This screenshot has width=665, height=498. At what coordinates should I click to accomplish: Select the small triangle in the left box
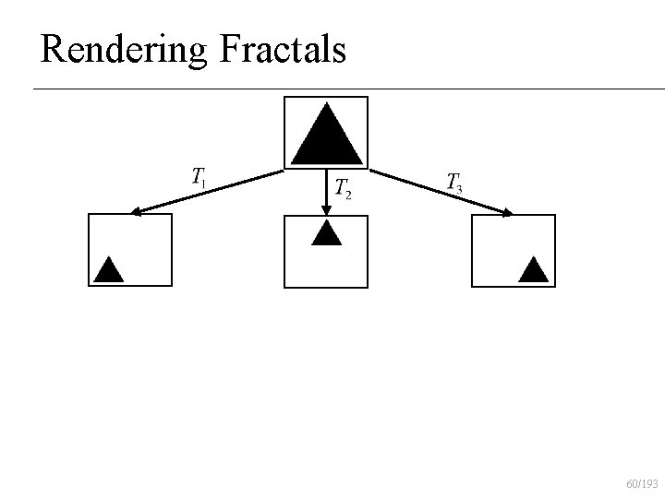108,269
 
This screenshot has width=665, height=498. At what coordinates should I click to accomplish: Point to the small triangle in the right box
533,269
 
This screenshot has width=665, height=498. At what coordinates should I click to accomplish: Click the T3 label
453,182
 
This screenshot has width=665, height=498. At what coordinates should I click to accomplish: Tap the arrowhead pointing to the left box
136,212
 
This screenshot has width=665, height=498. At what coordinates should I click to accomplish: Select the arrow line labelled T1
208,192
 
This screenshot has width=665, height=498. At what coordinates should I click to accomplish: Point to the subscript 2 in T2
347,194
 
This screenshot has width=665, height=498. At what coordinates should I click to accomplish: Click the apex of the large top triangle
326,103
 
